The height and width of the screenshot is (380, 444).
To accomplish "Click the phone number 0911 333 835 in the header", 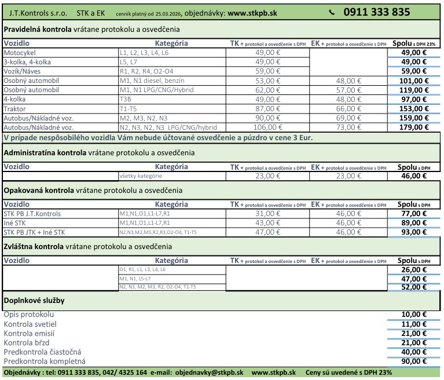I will click(x=376, y=12).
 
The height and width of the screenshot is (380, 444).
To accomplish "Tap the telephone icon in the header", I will click(x=332, y=12).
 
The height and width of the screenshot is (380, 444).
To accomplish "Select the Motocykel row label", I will click(x=20, y=53).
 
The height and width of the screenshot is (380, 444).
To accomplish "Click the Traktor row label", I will click(x=15, y=109).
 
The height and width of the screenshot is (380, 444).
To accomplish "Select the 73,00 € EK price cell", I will click(x=348, y=127).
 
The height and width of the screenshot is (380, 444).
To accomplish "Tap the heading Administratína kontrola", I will click(x=45, y=153).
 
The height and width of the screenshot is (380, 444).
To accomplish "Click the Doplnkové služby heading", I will click(x=34, y=301).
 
